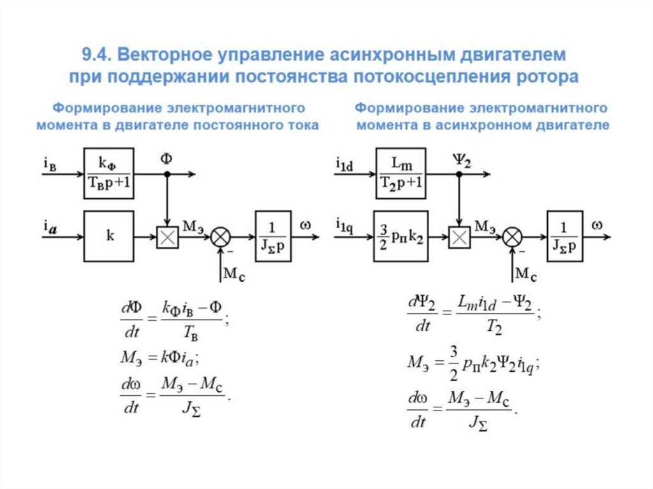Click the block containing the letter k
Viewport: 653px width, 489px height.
109,236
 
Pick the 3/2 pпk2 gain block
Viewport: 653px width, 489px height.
400,236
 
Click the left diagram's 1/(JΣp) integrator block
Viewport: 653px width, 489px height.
273,236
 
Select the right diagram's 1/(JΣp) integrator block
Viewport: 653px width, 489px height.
564,236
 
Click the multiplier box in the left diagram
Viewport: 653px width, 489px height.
167,237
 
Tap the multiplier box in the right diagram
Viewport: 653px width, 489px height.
459,237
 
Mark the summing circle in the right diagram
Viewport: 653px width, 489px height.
512,237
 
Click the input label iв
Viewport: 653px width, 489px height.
50,164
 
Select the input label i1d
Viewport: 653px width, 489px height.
344,164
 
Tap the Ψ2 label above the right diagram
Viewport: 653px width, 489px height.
461,159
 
